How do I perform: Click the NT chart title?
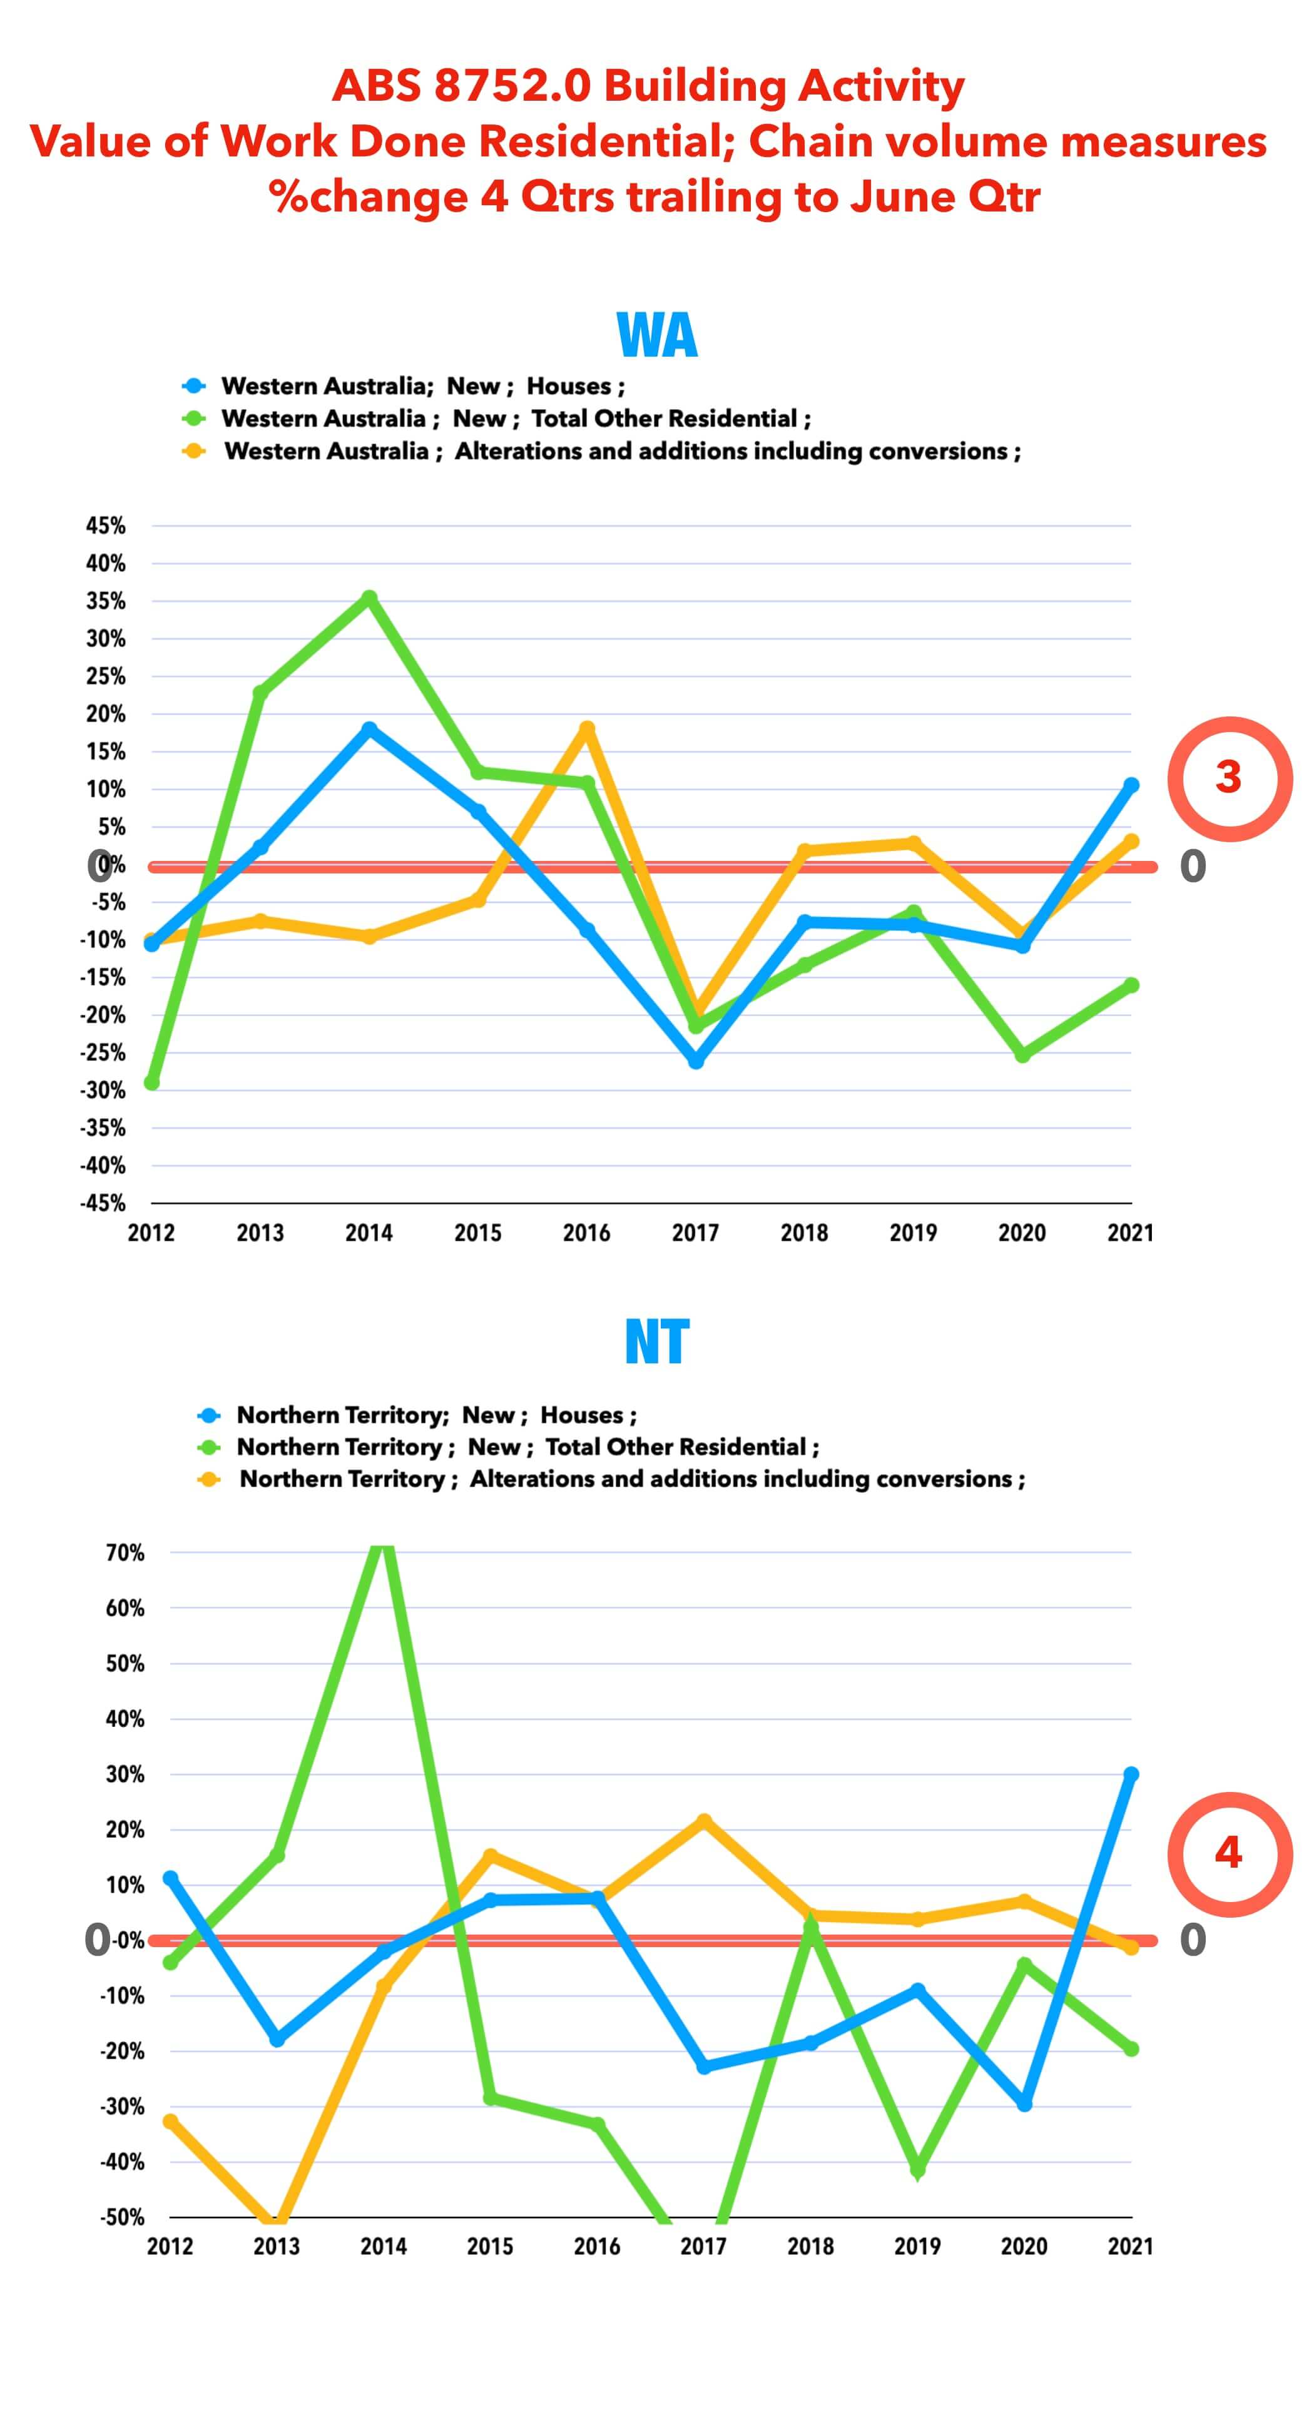(656, 1341)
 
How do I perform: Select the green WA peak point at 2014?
(369, 598)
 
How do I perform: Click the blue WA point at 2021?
(1131, 785)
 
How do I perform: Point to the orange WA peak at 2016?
(587, 728)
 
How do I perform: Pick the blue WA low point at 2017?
(696, 1062)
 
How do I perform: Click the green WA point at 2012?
(151, 1082)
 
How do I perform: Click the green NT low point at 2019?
(918, 2169)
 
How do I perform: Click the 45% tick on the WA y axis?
(106, 526)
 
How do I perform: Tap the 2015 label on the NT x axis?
(490, 2246)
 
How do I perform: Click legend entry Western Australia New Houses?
(422, 386)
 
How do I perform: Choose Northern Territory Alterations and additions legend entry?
(631, 1479)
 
